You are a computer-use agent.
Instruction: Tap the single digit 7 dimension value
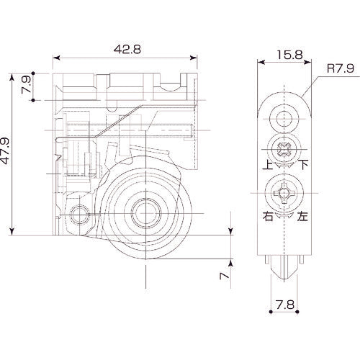pyautogui.click(x=225, y=275)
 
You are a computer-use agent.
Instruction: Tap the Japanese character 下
pyautogui.click(x=305, y=164)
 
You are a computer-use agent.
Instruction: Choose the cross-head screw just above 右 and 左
pyautogui.click(x=285, y=194)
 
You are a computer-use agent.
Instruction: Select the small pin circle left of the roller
pyautogui.click(x=81, y=214)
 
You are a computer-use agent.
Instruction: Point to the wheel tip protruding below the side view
pyautogui.click(x=285, y=272)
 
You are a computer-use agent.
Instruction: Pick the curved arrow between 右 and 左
pyautogui.click(x=285, y=215)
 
